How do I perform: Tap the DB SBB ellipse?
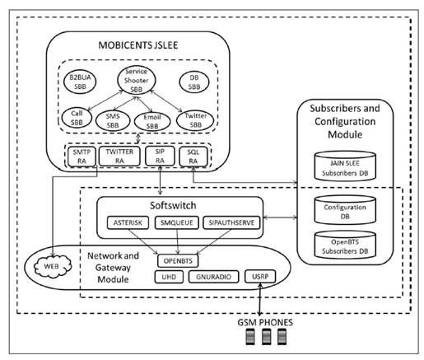point(193,83)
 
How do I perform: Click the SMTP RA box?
point(81,157)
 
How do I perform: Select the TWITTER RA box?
point(119,157)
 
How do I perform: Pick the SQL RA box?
point(195,157)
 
